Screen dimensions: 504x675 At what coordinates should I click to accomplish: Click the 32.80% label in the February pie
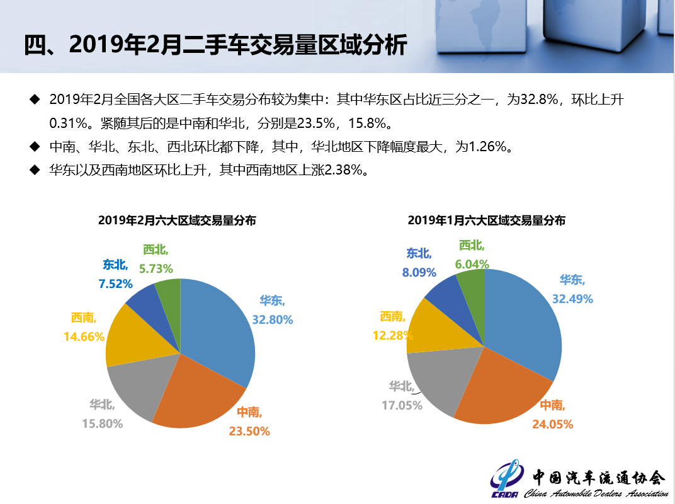click(273, 319)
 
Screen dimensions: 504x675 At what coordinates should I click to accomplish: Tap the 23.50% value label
click(249, 431)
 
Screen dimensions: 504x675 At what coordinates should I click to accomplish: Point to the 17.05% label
click(402, 405)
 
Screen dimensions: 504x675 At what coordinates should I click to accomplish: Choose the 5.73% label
click(156, 268)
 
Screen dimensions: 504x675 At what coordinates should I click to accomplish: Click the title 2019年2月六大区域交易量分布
click(177, 220)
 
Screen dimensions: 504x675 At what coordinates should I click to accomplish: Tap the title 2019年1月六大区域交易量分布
click(486, 220)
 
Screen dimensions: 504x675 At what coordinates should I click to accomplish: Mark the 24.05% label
click(553, 424)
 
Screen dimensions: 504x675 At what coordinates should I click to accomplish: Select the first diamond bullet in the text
click(35, 100)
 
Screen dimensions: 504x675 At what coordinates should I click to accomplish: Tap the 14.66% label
click(84, 336)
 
